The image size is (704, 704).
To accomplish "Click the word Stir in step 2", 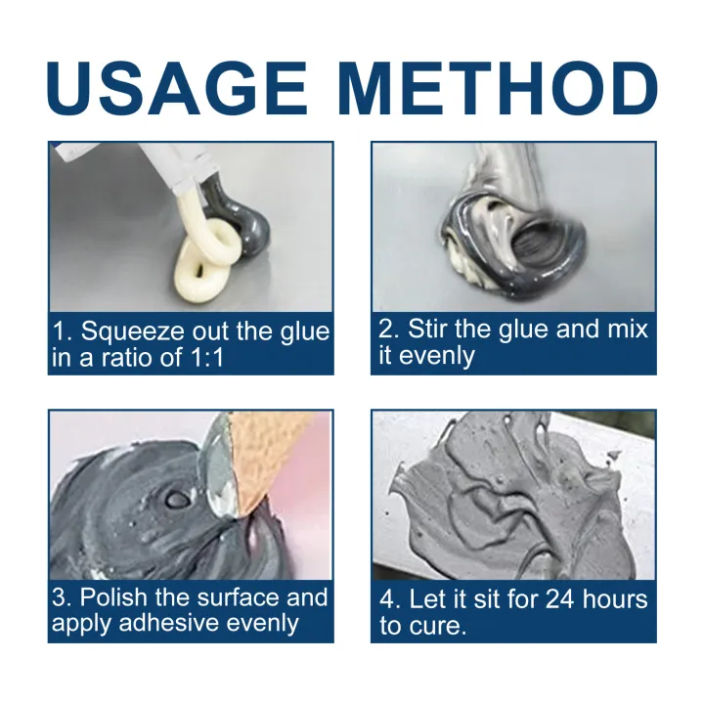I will pyautogui.click(x=427, y=329).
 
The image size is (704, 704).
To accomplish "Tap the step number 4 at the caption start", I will pyautogui.click(x=386, y=598).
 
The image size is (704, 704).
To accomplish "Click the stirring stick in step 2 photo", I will pyautogui.click(x=508, y=176).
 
